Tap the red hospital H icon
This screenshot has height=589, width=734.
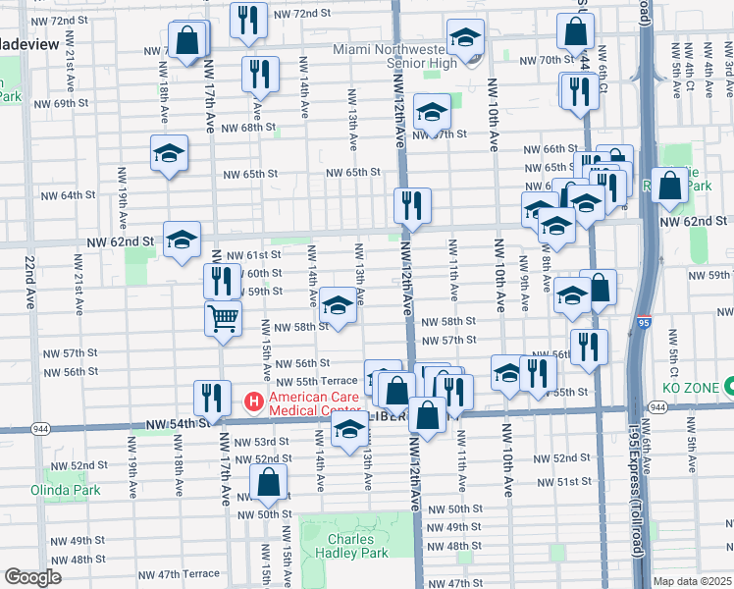click(x=252, y=402)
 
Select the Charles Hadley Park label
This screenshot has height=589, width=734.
click(x=350, y=546)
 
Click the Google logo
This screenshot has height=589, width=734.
click(x=33, y=577)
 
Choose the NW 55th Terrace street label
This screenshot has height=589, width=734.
click(x=317, y=381)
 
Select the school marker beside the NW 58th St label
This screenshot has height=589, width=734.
click(x=338, y=305)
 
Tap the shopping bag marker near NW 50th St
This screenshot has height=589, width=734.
click(x=268, y=482)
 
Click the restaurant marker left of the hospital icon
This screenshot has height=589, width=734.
click(x=210, y=398)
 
